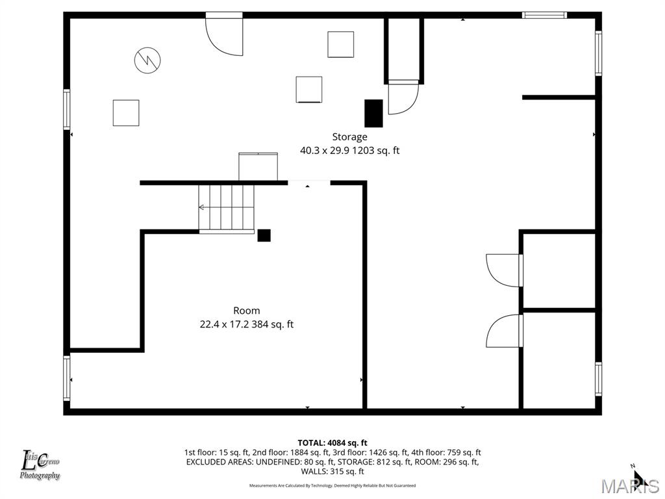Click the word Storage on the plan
point(349,136)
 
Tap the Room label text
point(247,311)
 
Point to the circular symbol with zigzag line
point(147,60)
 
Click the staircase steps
point(227,207)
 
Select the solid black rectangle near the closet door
point(373,113)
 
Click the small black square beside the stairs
point(264,235)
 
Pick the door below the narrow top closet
point(403,97)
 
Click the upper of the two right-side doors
point(505,270)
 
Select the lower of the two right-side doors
point(505,331)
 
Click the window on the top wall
point(545,15)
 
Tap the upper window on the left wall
point(67,109)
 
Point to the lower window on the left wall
point(67,377)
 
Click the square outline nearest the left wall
point(126,112)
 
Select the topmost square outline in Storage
point(340,44)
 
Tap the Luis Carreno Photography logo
point(40,465)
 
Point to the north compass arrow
point(639,478)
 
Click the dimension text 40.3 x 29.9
point(325,151)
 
